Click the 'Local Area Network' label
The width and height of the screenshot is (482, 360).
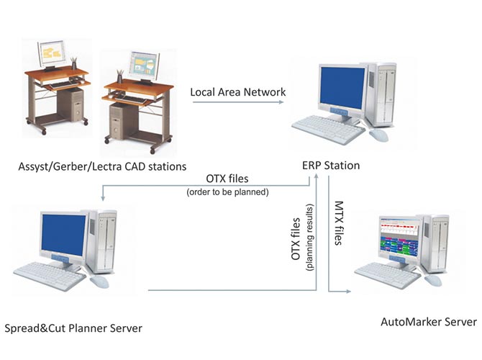point(237,92)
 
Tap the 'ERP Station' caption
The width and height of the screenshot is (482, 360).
point(331,166)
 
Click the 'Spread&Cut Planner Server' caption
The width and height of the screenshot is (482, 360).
point(73,328)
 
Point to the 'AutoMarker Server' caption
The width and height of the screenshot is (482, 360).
point(428,320)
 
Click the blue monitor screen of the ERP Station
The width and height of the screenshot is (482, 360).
point(341,88)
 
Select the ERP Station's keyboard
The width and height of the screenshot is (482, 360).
point(328,127)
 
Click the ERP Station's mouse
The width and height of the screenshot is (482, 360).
point(378,135)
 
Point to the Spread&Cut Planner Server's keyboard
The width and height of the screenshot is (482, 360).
point(49,274)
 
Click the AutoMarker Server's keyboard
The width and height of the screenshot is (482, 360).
point(388,274)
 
